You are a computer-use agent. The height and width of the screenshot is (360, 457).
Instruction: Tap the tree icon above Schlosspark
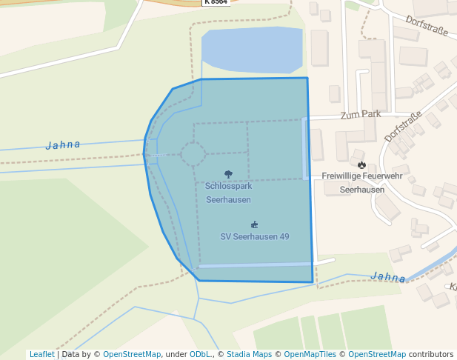coord(228,175)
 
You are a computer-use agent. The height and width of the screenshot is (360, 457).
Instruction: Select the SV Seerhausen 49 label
coord(255,237)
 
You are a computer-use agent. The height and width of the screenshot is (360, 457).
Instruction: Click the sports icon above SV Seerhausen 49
coord(255,224)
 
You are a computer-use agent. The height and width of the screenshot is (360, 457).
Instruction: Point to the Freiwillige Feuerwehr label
coord(362,176)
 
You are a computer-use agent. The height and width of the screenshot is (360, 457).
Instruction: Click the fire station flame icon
coord(361,164)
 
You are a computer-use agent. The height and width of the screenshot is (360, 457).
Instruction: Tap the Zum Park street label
coord(361,115)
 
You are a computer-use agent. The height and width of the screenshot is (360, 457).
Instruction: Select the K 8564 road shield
coord(216,2)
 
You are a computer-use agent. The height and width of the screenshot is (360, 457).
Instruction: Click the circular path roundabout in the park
coord(193,155)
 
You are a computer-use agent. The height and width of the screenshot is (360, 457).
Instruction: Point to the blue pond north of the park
coord(252,50)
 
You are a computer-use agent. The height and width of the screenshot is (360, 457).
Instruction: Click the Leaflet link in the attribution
coord(41,355)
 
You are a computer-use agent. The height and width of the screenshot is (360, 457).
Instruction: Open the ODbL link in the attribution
coord(200,355)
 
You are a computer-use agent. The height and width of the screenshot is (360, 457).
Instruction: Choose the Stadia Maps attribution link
coord(249,355)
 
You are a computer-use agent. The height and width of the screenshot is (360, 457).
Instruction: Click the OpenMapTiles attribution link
coord(310,355)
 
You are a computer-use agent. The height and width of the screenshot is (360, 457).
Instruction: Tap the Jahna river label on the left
coord(63,144)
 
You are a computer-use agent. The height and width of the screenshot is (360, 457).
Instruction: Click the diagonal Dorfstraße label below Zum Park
coord(403,126)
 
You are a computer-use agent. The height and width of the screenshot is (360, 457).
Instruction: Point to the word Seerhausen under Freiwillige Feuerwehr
coord(362,190)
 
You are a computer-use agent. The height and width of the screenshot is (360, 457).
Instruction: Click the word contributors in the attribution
coord(431,355)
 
